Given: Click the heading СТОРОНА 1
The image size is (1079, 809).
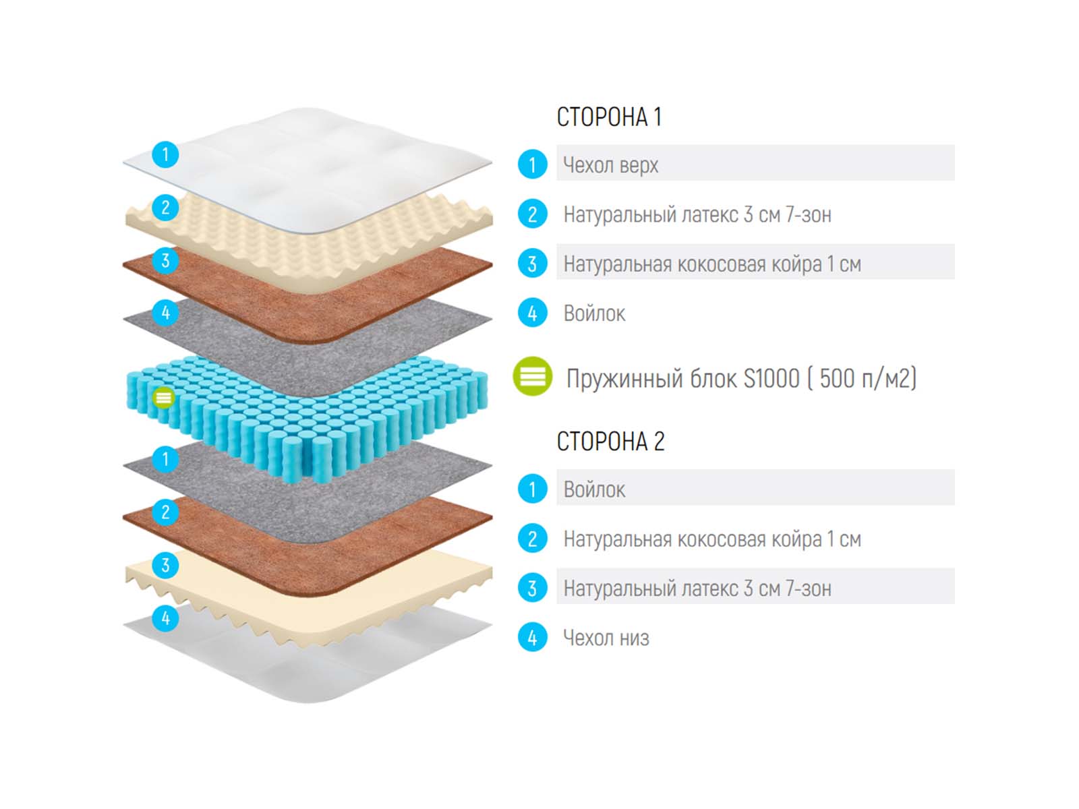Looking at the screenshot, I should click(609, 117).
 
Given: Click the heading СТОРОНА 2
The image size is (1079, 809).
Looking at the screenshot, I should click(610, 442).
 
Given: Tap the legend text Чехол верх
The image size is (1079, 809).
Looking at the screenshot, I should click(610, 164).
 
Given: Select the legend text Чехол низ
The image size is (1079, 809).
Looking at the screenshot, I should click(606, 638).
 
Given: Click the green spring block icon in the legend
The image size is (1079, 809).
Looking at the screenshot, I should click(532, 376).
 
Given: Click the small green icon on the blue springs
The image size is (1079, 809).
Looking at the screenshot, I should click(163, 398).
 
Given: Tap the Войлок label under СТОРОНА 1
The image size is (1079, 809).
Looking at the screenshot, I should click(594, 313).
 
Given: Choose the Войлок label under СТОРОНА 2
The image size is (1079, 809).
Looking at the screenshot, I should click(594, 489).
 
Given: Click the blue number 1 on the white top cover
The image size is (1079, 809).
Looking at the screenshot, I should click(165, 154).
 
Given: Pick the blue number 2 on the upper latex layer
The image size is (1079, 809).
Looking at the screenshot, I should click(165, 208).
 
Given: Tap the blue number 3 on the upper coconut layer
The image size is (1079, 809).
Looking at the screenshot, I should click(165, 260).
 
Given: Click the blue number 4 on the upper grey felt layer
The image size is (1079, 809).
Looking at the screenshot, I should click(165, 313).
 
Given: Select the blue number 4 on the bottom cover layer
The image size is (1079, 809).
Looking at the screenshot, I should click(165, 618).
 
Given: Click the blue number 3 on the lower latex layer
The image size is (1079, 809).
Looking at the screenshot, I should click(165, 565).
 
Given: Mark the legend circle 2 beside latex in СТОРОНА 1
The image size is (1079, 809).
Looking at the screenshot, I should click(532, 214).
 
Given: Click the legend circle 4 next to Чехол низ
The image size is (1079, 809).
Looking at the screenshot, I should click(532, 638).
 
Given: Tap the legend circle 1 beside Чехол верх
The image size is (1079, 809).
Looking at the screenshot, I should click(532, 164).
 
